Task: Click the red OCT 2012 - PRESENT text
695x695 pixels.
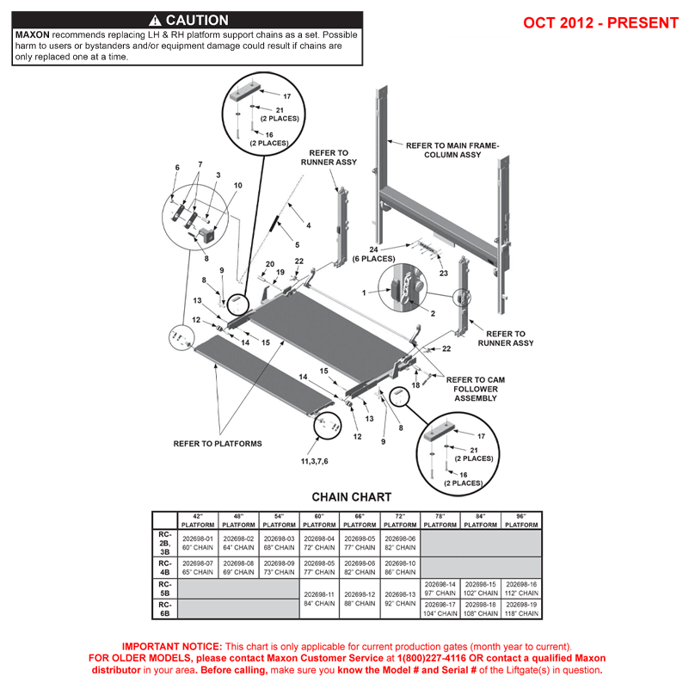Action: point(600,22)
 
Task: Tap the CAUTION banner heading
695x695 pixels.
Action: point(188,20)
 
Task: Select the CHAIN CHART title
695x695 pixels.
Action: point(351,497)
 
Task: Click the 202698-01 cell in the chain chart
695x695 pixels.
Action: point(197,543)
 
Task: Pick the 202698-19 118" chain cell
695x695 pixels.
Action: point(521,608)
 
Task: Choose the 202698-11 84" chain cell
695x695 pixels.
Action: point(319,599)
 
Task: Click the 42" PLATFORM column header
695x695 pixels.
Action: point(197,520)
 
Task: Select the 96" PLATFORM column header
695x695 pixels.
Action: point(521,520)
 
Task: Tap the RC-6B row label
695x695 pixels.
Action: point(164,608)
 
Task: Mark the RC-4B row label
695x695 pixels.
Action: point(164,567)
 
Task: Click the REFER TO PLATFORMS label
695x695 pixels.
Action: point(218,444)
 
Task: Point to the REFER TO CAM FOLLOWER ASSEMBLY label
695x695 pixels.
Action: point(477,389)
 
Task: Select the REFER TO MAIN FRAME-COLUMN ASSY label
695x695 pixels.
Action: point(452,151)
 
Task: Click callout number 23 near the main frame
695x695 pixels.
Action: point(444,274)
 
